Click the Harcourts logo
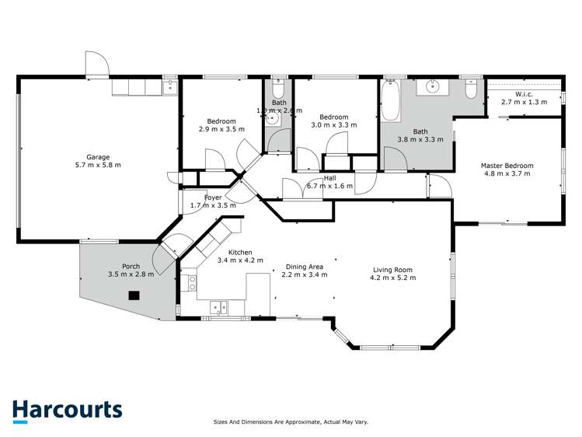pos(67,411)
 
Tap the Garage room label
pos(97,157)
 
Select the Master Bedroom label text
pos(507,166)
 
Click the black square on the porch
pos(134,295)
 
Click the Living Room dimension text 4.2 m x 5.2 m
pos(392,278)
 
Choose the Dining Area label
pos(302,267)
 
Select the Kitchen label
pos(240,253)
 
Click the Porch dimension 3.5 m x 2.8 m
pos(131,274)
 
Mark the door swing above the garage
pos(94,64)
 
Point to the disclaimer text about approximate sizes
pos(291,422)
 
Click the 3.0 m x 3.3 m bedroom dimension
pos(333,124)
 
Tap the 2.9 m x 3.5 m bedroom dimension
pos(221,129)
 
